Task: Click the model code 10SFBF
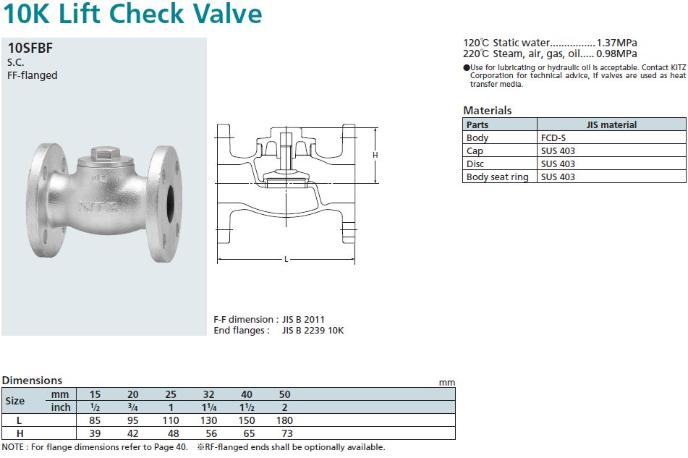click(x=30, y=48)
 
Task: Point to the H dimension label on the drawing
click(x=375, y=155)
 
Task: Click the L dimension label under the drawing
click(x=286, y=259)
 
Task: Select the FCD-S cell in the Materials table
click(x=553, y=137)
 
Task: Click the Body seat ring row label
click(x=497, y=177)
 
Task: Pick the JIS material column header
click(x=611, y=124)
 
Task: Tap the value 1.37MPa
click(x=616, y=43)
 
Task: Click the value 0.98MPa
click(x=616, y=54)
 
